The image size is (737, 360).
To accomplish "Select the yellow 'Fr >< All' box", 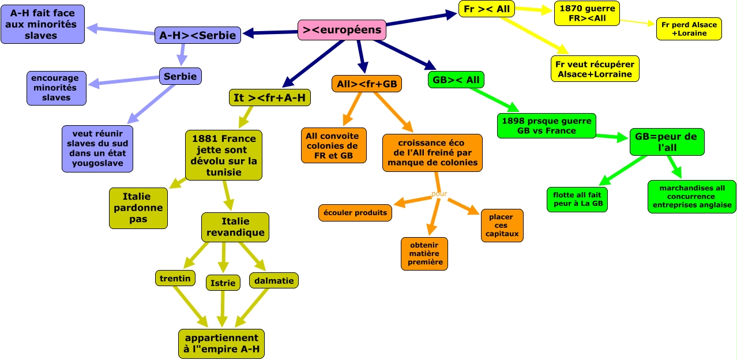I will tap(487, 9).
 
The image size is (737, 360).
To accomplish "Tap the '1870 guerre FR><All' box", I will tap(586, 13).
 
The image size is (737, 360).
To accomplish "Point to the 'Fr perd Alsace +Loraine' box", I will tap(689, 29).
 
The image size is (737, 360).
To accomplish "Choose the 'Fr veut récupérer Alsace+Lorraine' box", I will tap(595, 69).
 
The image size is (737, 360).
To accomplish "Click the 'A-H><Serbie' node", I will tap(197, 35).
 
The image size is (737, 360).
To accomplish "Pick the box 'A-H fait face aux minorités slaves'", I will tap(43, 24).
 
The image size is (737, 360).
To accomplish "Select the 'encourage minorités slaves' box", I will tap(56, 88).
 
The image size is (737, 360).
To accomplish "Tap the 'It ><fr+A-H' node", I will tap(270, 97).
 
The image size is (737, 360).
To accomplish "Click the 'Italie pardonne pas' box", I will tap(138, 208).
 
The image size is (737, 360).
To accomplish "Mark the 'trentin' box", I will tap(175, 278).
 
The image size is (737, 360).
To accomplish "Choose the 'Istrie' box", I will tap(223, 283).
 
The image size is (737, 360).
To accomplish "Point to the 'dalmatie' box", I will tap(274, 280).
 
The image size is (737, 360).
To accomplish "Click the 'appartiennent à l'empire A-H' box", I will tap(221, 344).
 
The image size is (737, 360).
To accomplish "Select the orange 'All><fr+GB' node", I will tap(367, 84).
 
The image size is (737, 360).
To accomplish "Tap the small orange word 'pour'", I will tap(439, 193).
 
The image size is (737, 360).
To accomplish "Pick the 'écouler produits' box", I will tap(355, 212).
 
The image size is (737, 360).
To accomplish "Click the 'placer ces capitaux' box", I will tap(502, 226).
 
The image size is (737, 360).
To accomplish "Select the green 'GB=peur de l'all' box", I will tap(666, 142).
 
